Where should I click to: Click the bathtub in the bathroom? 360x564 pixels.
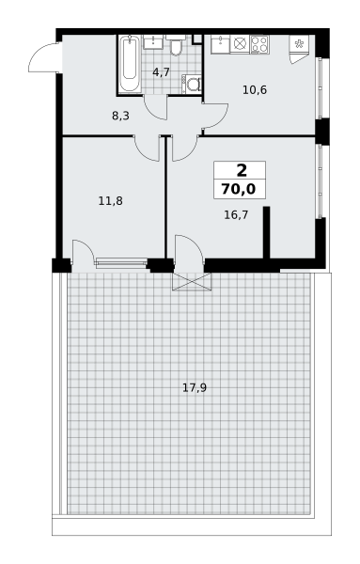[130, 64]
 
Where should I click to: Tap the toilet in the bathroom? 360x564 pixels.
[176, 46]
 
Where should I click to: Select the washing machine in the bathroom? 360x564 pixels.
[192, 85]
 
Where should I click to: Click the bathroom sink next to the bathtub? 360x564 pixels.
[153, 41]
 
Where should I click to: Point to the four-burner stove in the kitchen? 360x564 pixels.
[259, 44]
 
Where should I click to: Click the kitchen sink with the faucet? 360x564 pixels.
[220, 44]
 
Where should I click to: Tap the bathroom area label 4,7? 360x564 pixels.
[161, 72]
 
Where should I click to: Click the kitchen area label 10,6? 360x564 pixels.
[255, 90]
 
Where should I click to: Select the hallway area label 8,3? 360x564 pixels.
[120, 116]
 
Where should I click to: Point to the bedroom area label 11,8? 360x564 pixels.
[110, 201]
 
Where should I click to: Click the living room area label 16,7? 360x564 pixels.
[236, 215]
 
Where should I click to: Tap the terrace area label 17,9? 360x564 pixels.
[195, 387]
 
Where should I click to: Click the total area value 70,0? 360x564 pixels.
[239, 189]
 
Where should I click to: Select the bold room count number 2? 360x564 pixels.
[242, 170]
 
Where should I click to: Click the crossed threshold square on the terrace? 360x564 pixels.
[192, 282]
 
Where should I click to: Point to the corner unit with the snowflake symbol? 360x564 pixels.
[299, 49]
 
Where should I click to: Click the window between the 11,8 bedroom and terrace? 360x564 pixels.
[121, 262]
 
